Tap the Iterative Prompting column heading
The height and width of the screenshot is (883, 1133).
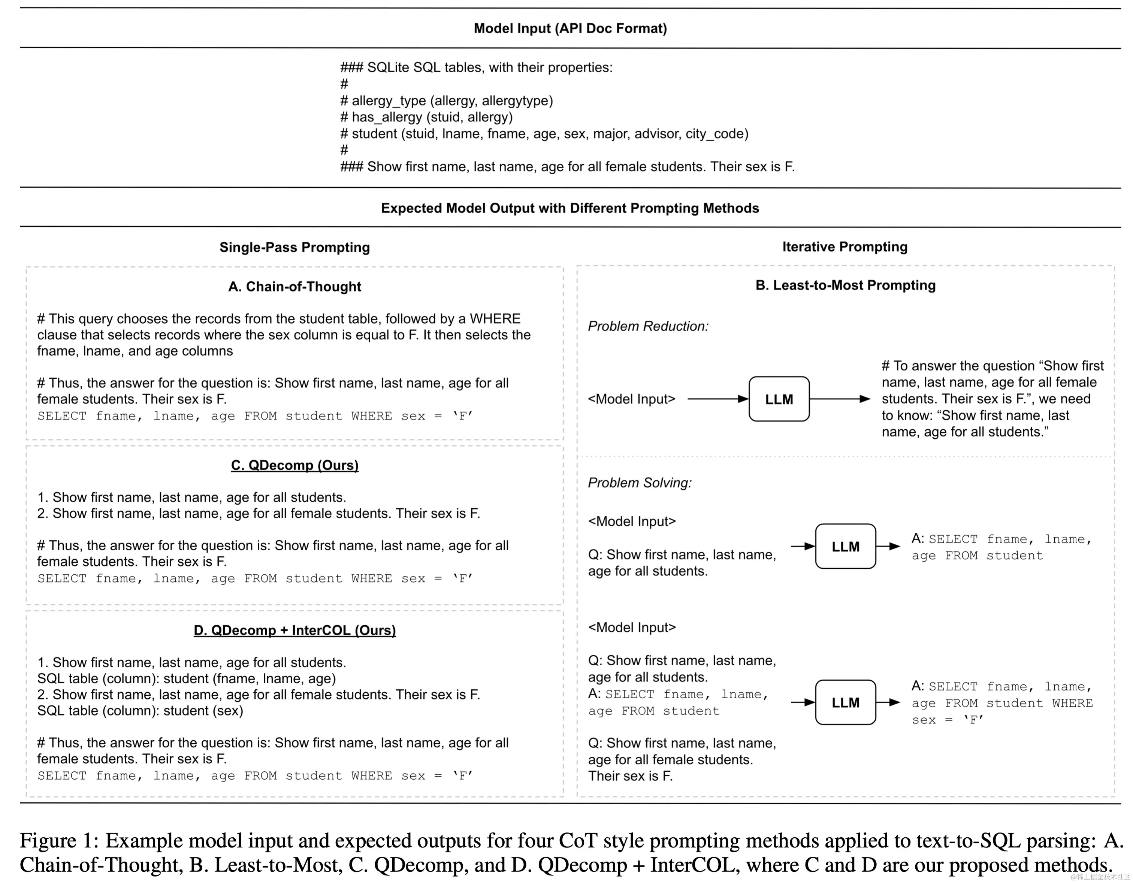[845, 247]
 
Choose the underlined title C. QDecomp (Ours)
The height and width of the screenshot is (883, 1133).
[294, 465]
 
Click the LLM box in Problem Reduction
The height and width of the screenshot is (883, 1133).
[779, 399]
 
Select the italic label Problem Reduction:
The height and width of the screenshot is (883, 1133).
[648, 326]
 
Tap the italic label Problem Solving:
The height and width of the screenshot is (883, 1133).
[640, 483]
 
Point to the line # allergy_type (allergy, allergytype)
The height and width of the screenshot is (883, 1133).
[447, 101]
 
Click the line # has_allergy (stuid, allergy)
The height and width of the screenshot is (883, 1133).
[426, 117]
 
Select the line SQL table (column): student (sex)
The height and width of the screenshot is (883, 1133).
[140, 711]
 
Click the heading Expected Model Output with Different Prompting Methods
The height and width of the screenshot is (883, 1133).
[569, 208]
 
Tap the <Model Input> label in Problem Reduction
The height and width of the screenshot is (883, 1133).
[631, 399]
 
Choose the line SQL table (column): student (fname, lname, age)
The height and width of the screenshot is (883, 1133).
[186, 678]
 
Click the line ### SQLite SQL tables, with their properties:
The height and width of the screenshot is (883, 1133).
[476, 67]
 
